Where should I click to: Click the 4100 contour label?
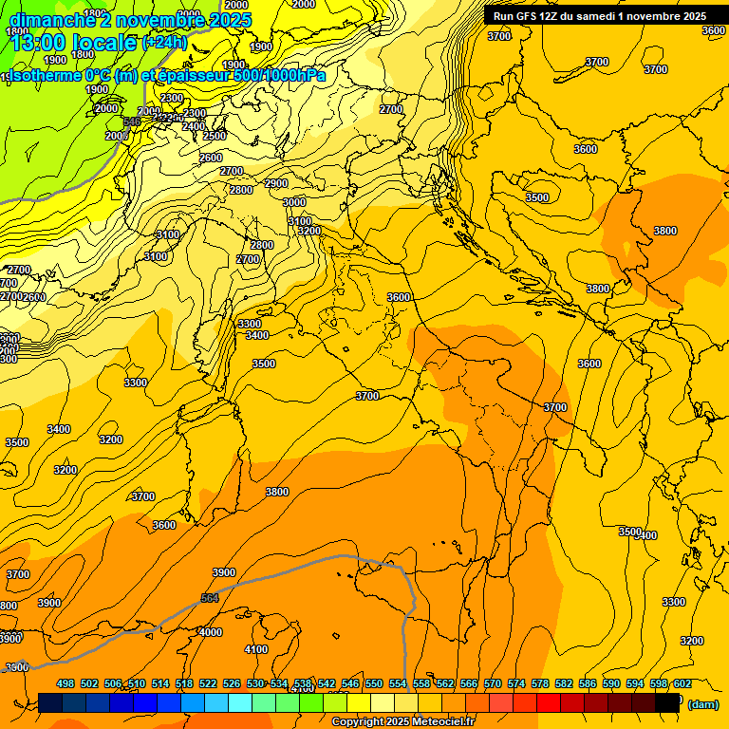click(x=256, y=649)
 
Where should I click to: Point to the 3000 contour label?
click(x=294, y=202)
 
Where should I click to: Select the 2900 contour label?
click(x=276, y=183)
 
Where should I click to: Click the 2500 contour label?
click(x=215, y=136)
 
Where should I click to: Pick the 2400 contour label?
click(x=194, y=126)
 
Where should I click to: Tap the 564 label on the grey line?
click(x=210, y=598)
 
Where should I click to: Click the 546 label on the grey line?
click(x=132, y=121)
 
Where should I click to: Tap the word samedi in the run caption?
click(x=609, y=16)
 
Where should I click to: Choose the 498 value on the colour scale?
click(x=65, y=683)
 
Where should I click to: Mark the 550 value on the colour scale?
click(x=373, y=683)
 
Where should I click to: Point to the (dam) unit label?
click(x=703, y=704)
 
